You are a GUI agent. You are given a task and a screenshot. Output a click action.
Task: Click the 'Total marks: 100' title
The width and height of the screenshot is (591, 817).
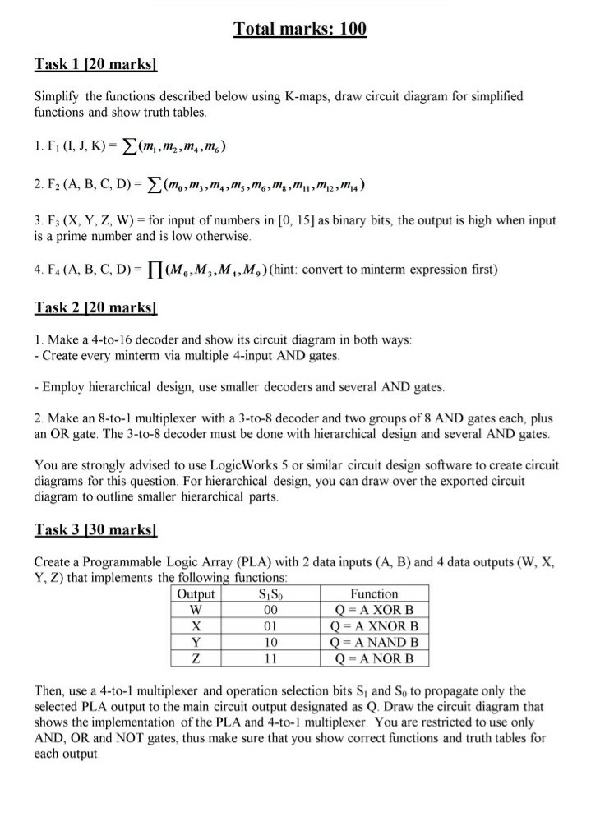[x=300, y=30]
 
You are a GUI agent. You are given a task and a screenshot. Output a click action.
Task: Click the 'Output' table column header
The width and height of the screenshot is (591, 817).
[x=196, y=593]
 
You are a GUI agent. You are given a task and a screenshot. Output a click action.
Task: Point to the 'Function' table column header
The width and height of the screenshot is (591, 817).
[x=374, y=593]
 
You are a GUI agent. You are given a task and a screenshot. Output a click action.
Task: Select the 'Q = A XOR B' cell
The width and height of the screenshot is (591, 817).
[x=374, y=610]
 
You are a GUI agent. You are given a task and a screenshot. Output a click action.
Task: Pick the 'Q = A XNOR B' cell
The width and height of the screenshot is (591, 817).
[x=374, y=625]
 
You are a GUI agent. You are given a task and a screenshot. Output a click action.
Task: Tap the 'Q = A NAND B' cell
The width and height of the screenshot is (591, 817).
[x=374, y=642]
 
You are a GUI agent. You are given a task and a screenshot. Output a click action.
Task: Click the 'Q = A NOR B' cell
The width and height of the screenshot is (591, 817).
[x=374, y=658]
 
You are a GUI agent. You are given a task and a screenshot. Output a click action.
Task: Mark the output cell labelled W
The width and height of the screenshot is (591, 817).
[x=196, y=610]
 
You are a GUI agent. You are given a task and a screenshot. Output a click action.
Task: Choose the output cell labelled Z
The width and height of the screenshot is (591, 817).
[x=196, y=658]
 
